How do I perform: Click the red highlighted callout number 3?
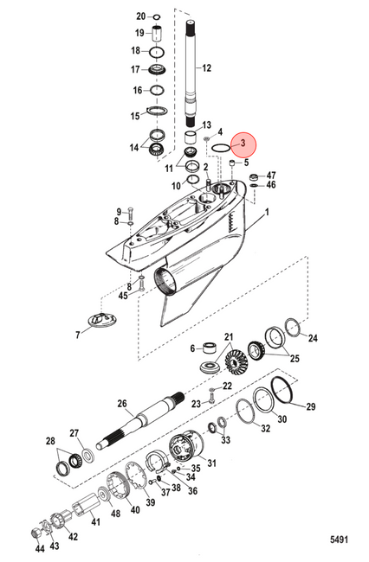point(243,144)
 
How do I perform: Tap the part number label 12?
point(206,67)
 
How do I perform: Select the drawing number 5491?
point(340,540)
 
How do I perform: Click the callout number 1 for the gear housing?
point(267,213)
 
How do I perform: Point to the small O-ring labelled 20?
point(157,16)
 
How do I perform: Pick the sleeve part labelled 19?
point(157,34)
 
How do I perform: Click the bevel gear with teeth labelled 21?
point(234,361)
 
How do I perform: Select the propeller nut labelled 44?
point(37,533)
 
